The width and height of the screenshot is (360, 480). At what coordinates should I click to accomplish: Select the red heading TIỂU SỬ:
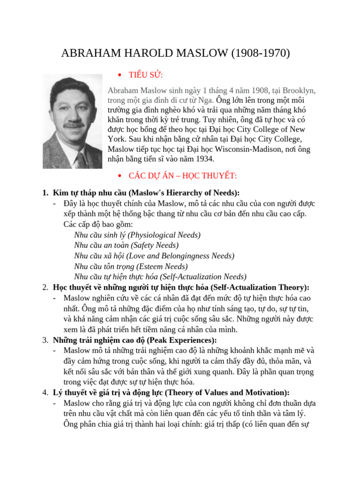pos(146,75)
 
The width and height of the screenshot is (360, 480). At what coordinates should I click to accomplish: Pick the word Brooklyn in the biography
pos(298,90)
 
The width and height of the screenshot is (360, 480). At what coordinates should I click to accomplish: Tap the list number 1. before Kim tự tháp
pos(45,193)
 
